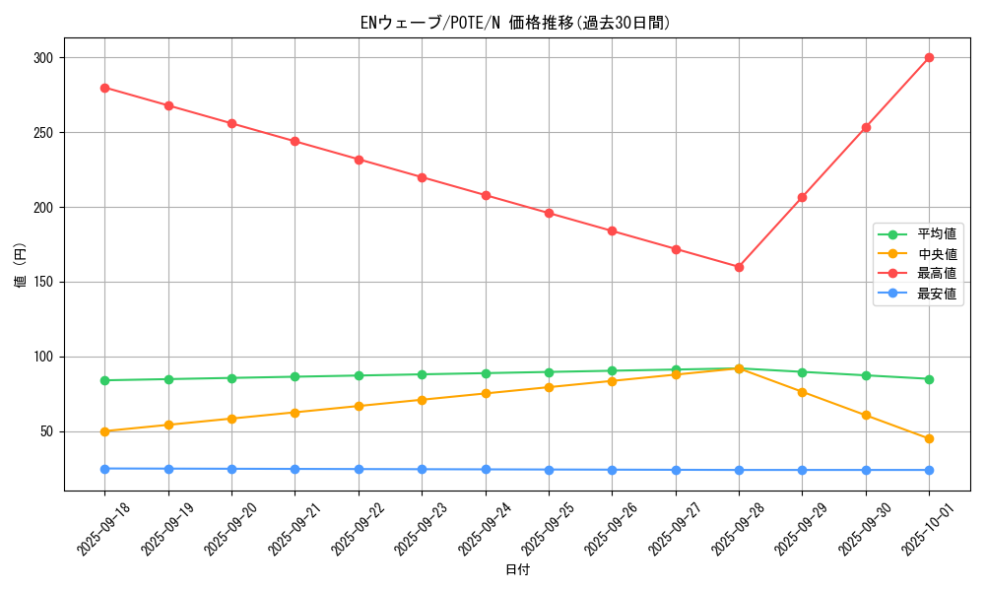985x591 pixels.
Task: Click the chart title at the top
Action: [516, 23]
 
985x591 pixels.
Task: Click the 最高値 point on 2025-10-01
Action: [929, 58]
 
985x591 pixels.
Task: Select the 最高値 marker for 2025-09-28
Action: [739, 267]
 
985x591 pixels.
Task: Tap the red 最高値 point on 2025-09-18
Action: [104, 88]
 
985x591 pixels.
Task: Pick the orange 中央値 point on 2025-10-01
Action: [929, 438]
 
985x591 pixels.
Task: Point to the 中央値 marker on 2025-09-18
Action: [104, 431]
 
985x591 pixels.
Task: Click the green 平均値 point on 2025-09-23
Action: [422, 374]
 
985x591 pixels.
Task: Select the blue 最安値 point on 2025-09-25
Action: [549, 470]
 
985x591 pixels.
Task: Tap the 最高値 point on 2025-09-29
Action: [802, 198]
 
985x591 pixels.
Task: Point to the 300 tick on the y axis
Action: [42, 58]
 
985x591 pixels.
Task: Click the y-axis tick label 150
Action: [42, 282]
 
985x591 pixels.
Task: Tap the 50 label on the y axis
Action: [46, 431]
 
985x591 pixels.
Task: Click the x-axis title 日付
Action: [517, 570]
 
